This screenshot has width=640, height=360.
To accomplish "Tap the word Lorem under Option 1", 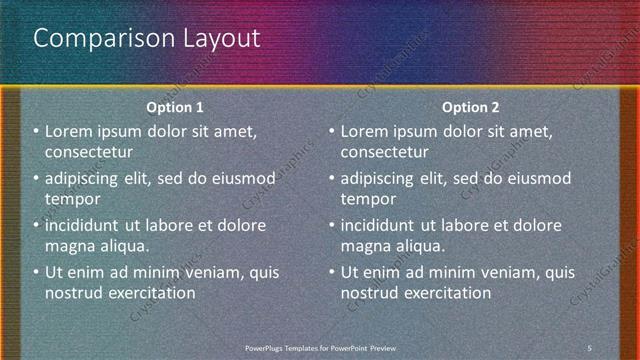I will (68, 131).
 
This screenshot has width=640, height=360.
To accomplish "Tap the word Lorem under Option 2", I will (364, 131).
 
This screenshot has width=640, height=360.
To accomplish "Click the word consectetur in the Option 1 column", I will (89, 152).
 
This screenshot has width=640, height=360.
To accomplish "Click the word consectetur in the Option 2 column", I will (385, 152).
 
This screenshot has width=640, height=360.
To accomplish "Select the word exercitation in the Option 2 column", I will (445, 293).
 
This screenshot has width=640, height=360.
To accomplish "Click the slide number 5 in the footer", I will (589, 347).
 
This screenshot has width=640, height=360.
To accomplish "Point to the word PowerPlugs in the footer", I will (266, 347).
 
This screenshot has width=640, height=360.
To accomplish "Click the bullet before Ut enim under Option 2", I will (332, 272).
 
